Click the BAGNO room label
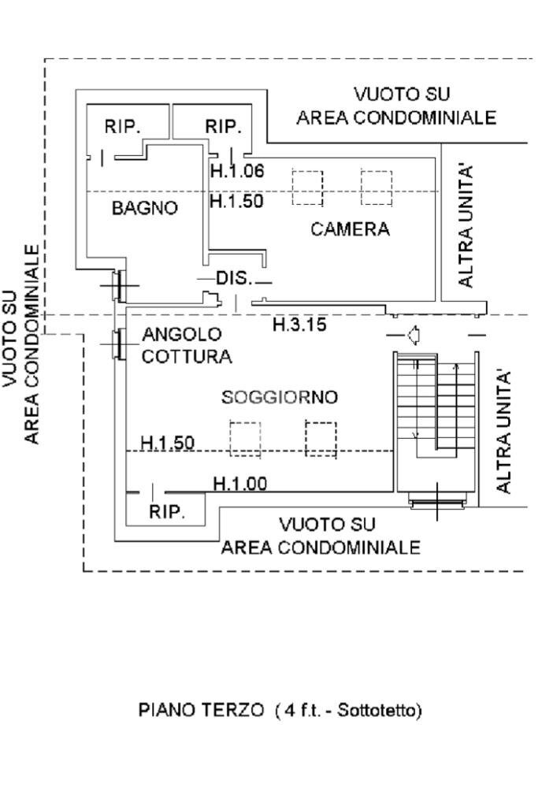[144, 209]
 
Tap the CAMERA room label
[350, 229]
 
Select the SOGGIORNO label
[280, 397]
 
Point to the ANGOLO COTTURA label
[187, 346]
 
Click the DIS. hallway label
[233, 278]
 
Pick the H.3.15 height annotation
[299, 325]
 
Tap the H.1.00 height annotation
[239, 484]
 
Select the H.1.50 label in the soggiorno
[167, 443]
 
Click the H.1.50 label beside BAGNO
[236, 201]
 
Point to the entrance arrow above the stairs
[411, 336]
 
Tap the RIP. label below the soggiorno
[167, 512]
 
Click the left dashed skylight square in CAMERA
[306, 187]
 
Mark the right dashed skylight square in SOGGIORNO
[321, 439]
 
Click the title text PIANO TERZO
[201, 710]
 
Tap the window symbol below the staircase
[436, 502]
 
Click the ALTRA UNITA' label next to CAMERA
[466, 225]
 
